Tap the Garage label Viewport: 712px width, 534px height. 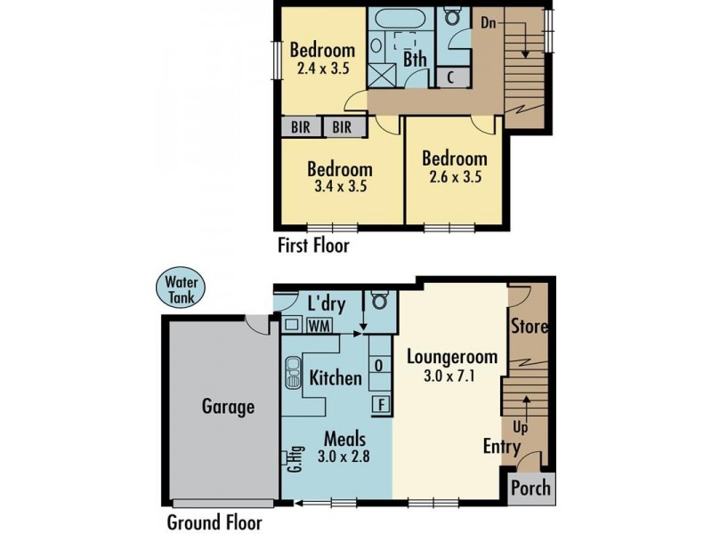(x=227, y=407)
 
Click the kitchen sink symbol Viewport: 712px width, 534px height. (x=294, y=376)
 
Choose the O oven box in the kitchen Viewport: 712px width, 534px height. (x=380, y=365)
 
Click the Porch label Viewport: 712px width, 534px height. (x=530, y=489)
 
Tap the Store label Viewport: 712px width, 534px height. (x=530, y=327)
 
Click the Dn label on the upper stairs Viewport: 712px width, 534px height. (x=489, y=23)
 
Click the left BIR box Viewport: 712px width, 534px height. (x=301, y=127)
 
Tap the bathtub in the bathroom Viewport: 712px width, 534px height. (x=400, y=19)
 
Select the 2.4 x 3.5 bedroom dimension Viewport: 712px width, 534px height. (x=321, y=67)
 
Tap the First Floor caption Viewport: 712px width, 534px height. (x=314, y=246)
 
